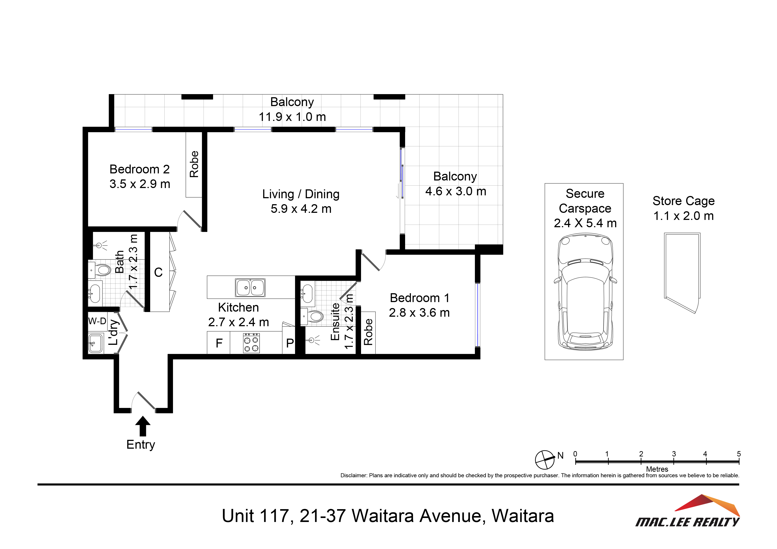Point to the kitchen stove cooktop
tap(251, 343)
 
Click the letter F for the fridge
tap(219, 343)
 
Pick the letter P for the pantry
tap(290, 343)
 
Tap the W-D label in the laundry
tap(97, 321)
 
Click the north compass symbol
tap(545, 460)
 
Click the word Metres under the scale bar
tap(657, 469)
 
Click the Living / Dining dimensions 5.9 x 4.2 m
tap(301, 209)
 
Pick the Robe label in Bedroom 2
tap(194, 164)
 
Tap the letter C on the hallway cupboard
tap(158, 272)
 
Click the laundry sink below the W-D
tap(96, 343)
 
